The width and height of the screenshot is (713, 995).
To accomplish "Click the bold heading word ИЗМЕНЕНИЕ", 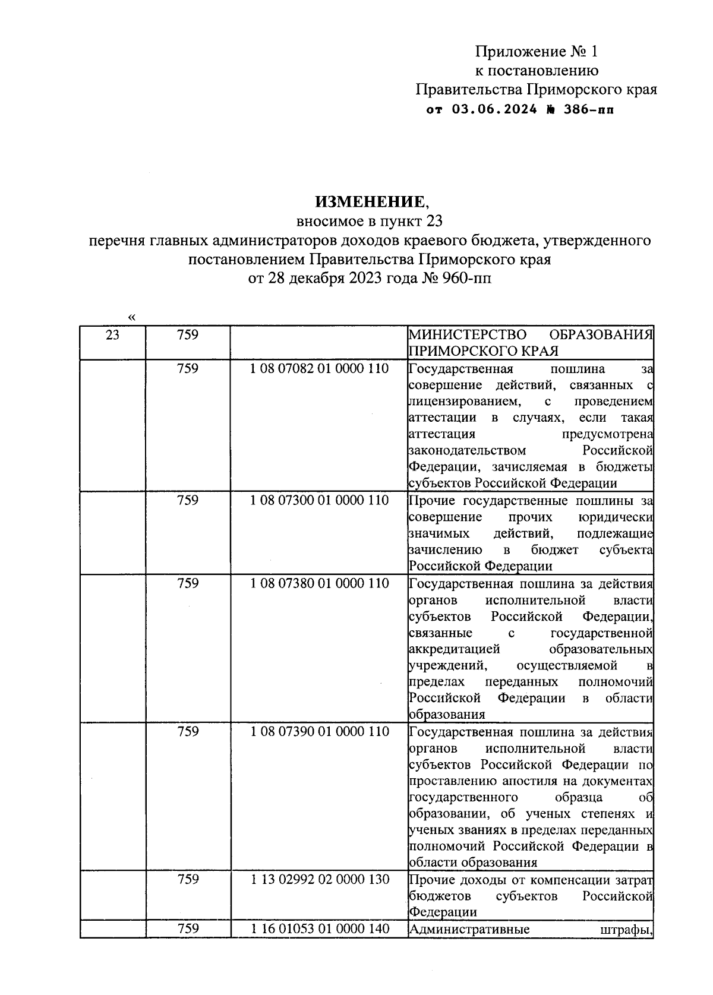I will point(370,202).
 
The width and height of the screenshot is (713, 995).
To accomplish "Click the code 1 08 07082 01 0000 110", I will point(319,369).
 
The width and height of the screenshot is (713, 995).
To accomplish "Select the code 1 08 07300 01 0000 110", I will point(319,501).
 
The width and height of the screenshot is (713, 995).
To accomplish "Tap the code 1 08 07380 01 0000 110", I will point(319,583).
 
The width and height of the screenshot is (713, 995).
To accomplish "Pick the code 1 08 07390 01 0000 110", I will point(319,732).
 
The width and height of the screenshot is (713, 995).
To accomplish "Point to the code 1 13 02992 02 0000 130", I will point(319,880).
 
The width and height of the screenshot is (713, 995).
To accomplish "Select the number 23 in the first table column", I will point(112,336).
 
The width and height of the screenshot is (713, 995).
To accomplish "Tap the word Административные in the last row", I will point(469,929).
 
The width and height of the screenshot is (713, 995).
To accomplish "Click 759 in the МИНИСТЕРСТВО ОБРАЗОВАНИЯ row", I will point(188,336).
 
